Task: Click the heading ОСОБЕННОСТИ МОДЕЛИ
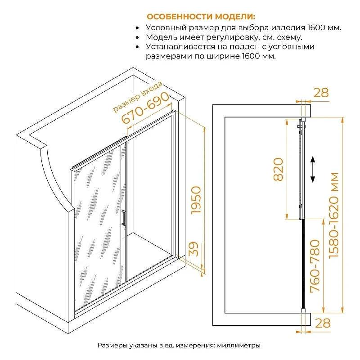tap(201, 17)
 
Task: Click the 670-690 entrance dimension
tap(145, 108)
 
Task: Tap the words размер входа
tap(138, 97)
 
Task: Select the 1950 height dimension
tap(196, 200)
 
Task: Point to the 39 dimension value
tap(193, 249)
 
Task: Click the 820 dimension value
tap(278, 169)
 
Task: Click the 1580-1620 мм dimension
tap(334, 215)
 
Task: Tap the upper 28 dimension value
tap(321, 93)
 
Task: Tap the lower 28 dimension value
tap(323, 323)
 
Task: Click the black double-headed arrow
tap(312, 170)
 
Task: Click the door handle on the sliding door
tap(123, 218)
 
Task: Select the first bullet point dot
tap(137, 28)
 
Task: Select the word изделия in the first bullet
tap(288, 28)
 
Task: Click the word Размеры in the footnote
tap(112, 345)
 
